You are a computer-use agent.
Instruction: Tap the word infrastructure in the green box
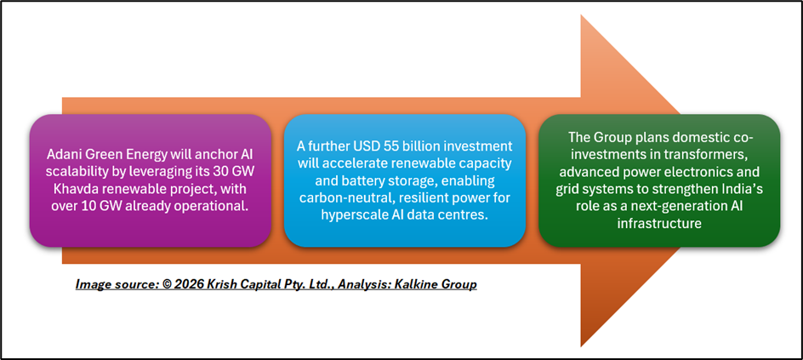(x=659, y=225)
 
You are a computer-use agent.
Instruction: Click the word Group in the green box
(x=606, y=138)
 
